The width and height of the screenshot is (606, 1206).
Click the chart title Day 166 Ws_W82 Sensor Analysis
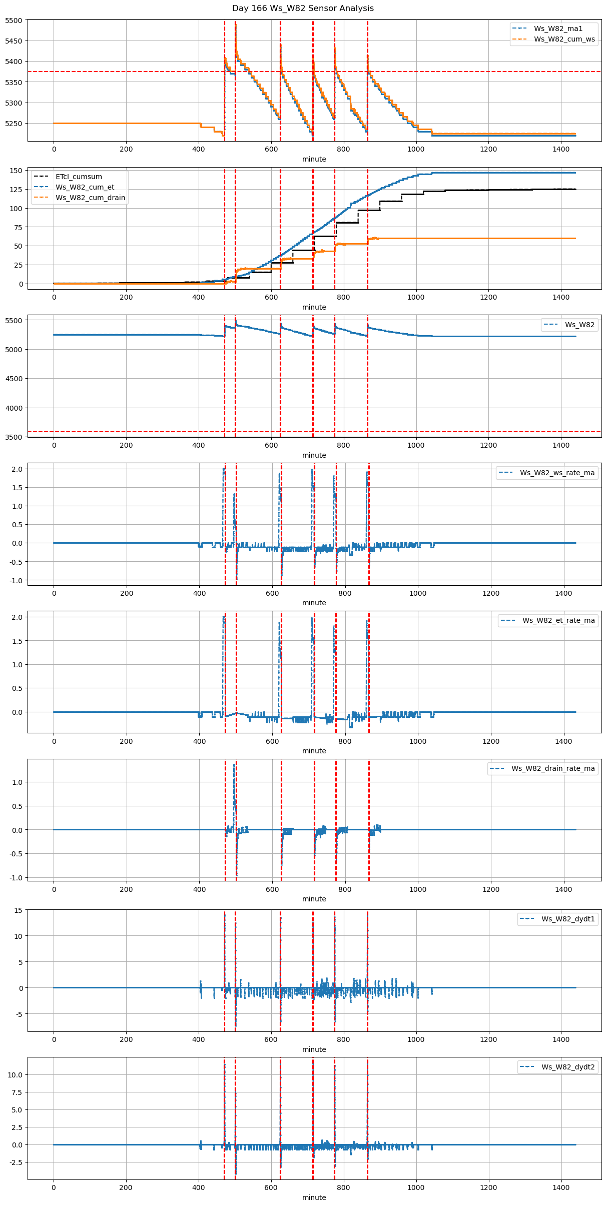pos(303,9)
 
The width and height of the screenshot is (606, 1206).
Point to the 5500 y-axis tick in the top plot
pos(14,21)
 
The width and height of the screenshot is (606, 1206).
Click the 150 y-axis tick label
pos(16,171)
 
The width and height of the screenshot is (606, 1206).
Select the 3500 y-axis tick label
pos(14,437)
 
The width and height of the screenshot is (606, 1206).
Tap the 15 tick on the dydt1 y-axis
pos(18,910)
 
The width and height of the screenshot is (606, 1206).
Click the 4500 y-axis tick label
pos(14,379)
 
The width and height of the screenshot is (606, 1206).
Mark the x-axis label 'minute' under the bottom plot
pos(314,1197)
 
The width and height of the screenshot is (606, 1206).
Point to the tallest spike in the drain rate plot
pos(234,765)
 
